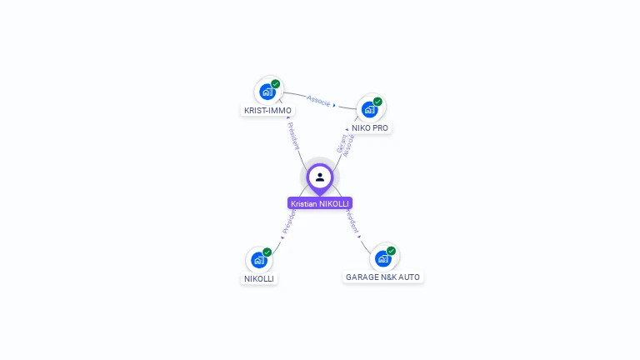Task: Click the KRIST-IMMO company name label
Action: click(x=267, y=110)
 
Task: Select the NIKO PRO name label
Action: click(x=369, y=127)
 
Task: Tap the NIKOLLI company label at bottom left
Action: click(x=259, y=278)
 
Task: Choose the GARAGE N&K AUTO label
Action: click(x=383, y=277)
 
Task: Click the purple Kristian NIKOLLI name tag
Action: click(x=320, y=203)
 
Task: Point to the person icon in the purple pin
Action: click(x=320, y=177)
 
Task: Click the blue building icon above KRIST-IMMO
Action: click(x=267, y=92)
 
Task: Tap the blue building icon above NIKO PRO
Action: click(x=369, y=109)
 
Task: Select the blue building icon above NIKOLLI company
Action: click(x=258, y=260)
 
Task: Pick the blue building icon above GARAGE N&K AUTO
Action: click(x=382, y=258)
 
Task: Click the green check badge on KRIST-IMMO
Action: click(x=276, y=83)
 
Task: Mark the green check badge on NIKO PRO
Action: click(x=377, y=102)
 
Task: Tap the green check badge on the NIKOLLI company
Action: click(x=267, y=252)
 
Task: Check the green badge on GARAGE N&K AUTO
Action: click(x=391, y=251)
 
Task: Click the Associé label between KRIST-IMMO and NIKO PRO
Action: click(x=318, y=100)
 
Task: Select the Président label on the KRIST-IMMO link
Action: click(x=294, y=135)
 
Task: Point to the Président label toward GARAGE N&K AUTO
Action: click(x=352, y=222)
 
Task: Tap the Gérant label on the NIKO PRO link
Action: click(x=342, y=142)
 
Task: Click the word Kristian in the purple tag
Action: click(x=304, y=203)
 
